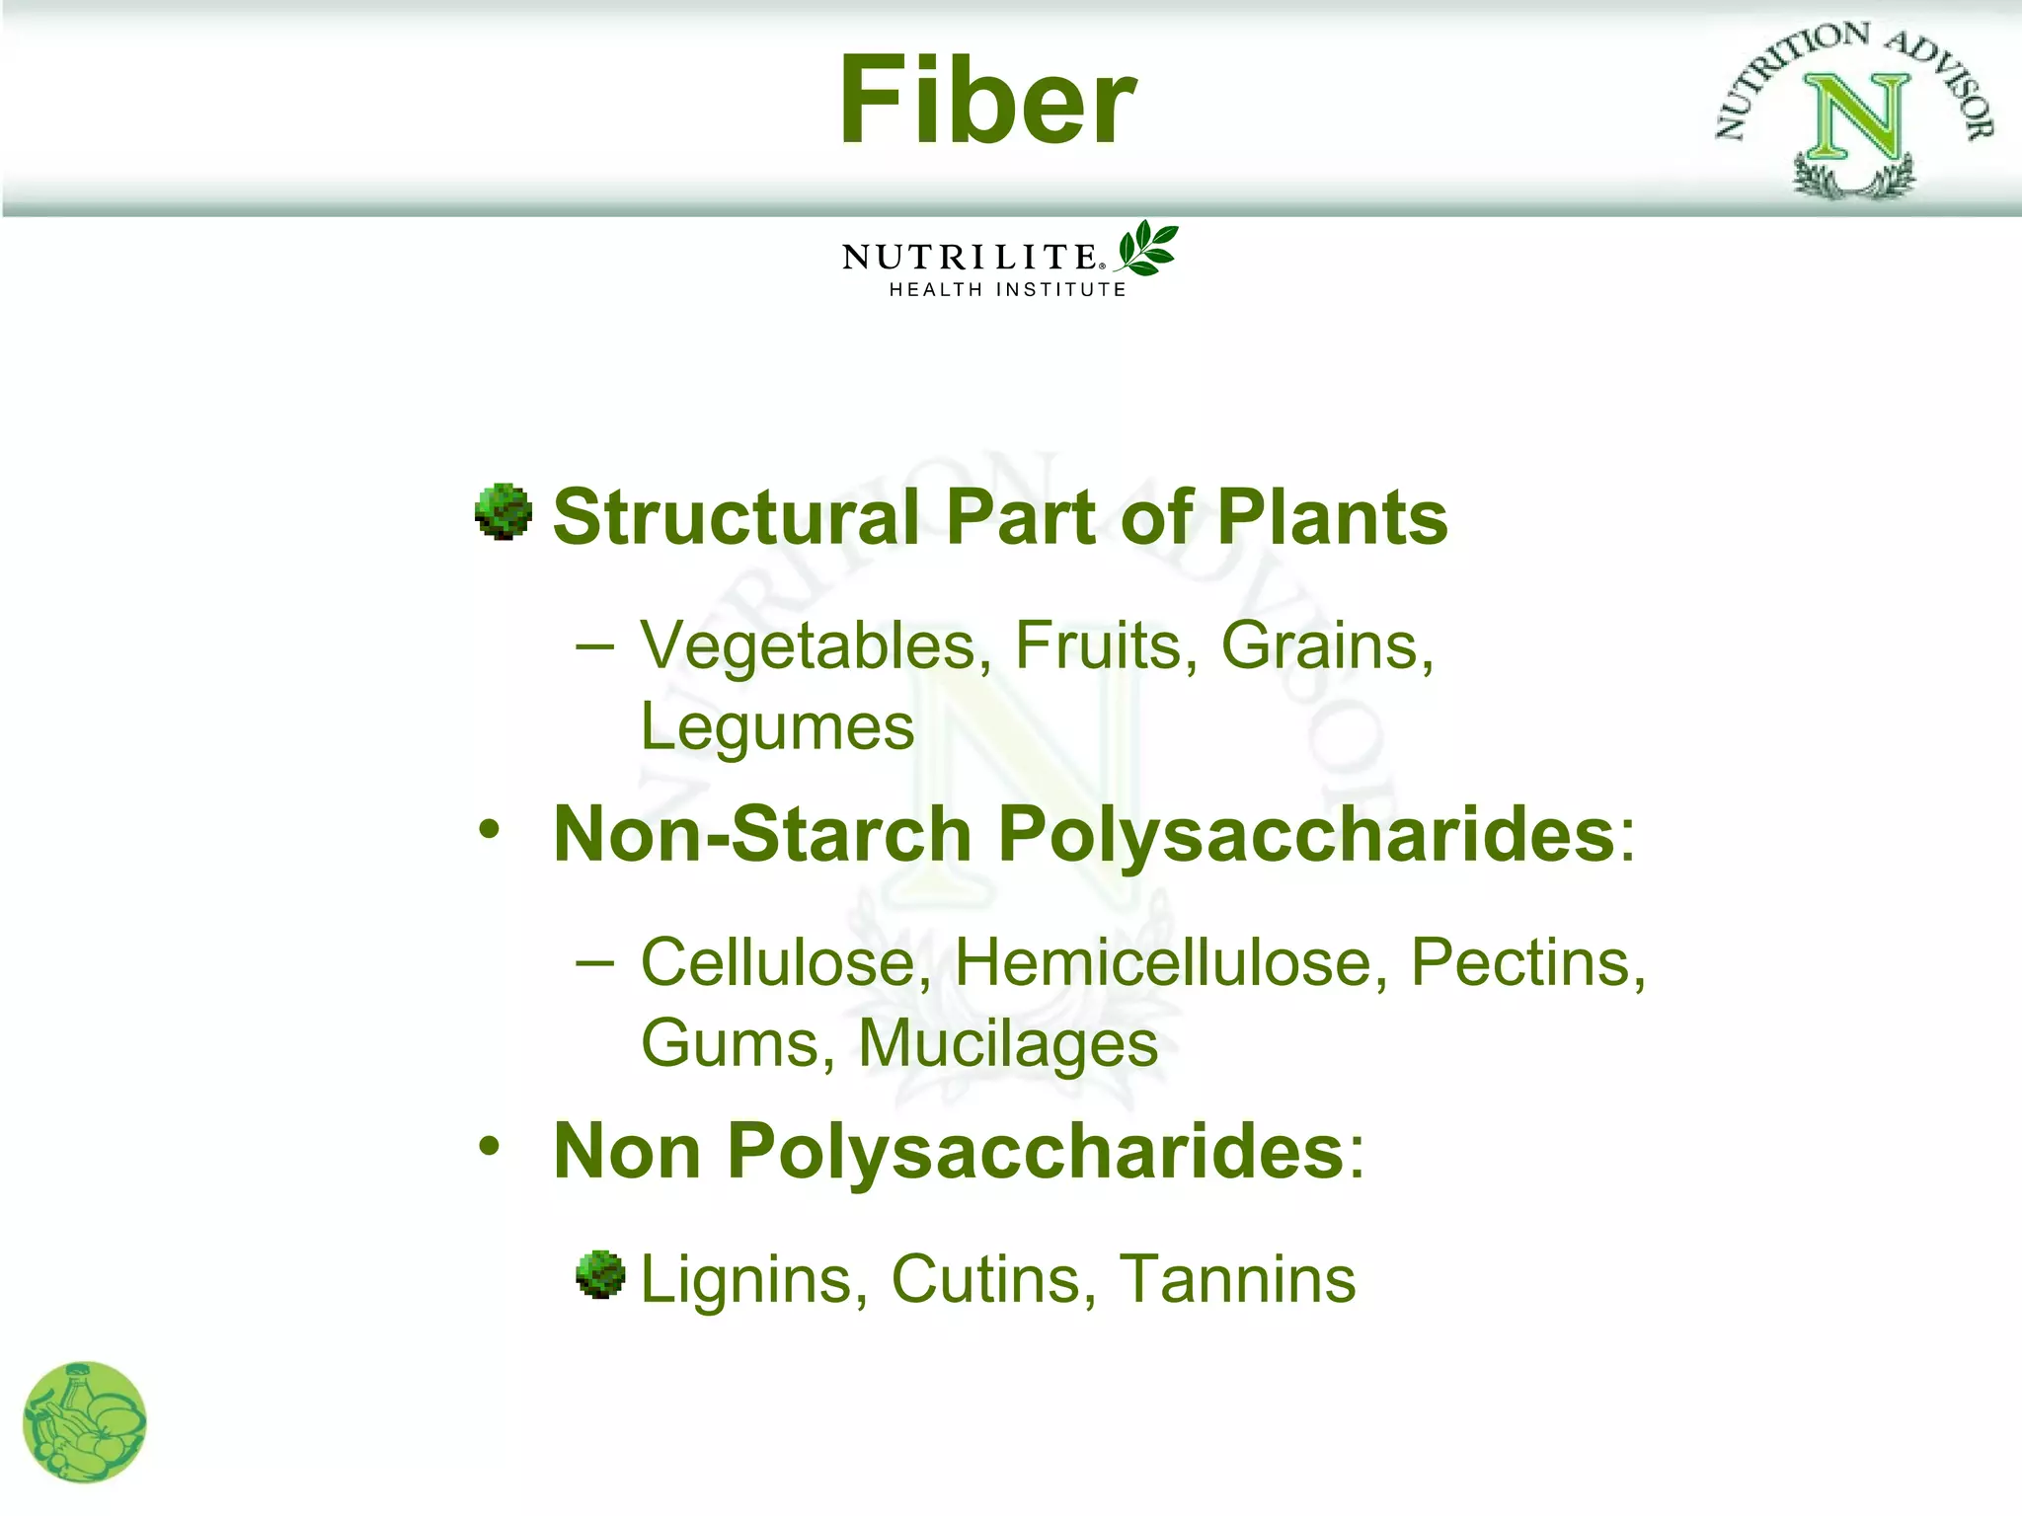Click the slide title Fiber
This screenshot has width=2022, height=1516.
click(x=987, y=101)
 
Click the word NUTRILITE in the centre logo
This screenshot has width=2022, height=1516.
click(x=970, y=258)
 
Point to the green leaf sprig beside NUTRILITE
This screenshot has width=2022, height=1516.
click(x=1146, y=248)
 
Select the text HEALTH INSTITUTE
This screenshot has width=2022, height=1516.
click(x=1007, y=289)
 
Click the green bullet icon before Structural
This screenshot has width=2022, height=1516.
click(x=504, y=511)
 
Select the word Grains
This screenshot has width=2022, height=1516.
click(x=1326, y=646)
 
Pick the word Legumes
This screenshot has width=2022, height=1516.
click(x=777, y=728)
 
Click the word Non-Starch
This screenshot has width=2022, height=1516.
click(x=762, y=834)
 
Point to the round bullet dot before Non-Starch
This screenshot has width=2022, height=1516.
click(x=489, y=829)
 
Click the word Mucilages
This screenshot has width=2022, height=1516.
click(x=1007, y=1043)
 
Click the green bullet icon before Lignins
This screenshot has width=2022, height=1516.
click(x=600, y=1274)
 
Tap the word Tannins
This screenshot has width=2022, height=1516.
click(x=1237, y=1279)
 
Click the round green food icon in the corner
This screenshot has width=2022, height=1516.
click(x=84, y=1422)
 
